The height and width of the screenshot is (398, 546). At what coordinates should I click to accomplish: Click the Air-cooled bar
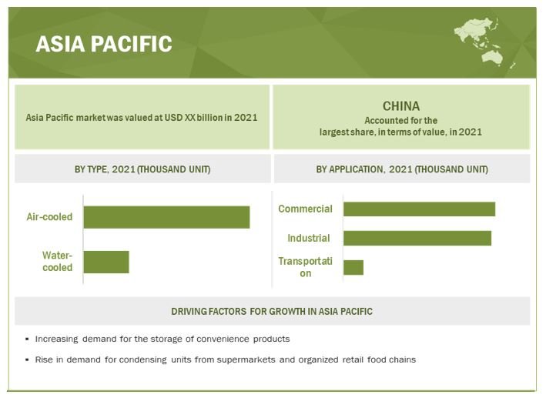[x=166, y=217]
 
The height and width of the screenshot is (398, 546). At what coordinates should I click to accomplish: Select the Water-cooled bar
[x=106, y=262]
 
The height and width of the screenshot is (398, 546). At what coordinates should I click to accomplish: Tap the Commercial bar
[x=419, y=209]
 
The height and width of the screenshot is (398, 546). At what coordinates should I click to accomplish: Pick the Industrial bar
[x=417, y=238]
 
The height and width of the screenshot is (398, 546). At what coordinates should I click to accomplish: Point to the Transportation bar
[x=353, y=267]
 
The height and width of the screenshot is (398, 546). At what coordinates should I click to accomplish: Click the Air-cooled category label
[x=49, y=217]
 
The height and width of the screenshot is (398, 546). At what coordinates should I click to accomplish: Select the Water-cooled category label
[x=57, y=262]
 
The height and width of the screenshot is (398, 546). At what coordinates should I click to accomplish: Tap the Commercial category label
[x=305, y=209]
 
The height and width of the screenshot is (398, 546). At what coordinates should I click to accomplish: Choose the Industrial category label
[x=309, y=238]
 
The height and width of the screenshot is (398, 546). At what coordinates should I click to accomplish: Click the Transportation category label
[x=306, y=267]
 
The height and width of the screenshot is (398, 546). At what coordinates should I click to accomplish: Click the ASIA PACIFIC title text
[x=104, y=44]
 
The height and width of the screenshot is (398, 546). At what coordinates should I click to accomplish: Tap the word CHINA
[x=401, y=106]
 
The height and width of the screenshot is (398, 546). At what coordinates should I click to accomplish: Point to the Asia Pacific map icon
[x=484, y=42]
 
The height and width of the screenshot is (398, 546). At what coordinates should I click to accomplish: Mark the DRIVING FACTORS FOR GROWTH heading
[x=272, y=311]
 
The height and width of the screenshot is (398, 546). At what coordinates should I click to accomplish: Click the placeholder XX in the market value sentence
[x=189, y=118]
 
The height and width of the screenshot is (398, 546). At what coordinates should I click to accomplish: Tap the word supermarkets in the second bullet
[x=246, y=360]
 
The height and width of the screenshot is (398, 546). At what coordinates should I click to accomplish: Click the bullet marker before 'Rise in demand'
[x=27, y=360]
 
